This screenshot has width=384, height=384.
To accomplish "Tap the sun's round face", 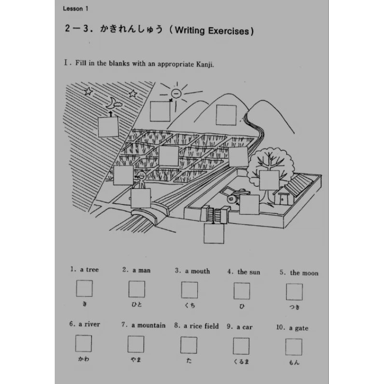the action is pos(176,93).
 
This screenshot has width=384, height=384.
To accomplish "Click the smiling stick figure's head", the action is pos(141,175).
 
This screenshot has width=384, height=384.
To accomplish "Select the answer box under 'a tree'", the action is pos(84,288).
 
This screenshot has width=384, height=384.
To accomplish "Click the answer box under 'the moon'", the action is pos(294,292).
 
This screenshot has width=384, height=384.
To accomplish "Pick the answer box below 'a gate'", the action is pos(294,347).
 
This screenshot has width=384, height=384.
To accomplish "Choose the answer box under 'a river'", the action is pos(84,343).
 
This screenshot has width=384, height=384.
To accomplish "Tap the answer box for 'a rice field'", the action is pos(189,345).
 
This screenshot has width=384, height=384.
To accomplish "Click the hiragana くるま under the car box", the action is pos(241,361).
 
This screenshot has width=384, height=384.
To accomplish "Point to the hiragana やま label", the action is pos(136,360).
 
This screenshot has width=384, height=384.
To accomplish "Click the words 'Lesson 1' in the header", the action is pos(75,9).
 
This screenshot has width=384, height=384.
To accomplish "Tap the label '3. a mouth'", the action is pos(192,271).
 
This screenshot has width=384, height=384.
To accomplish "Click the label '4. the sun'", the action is pos(244,272).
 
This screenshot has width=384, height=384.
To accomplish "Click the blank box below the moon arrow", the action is pos(108,127).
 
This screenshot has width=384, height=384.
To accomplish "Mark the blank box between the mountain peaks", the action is pos(226,115).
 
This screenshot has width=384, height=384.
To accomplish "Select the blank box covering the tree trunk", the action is pos(269,180).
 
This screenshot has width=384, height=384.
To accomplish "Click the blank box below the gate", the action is pos(214,234).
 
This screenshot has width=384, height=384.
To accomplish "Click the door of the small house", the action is pos(284,199).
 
